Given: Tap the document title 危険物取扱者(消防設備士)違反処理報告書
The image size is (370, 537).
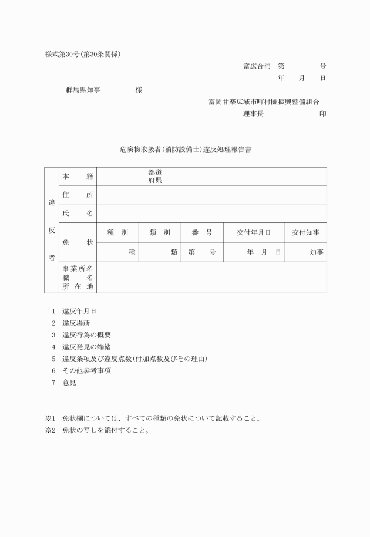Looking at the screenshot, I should pyautogui.click(x=185, y=150).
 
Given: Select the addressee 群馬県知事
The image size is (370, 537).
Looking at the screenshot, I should pyautogui.click(x=83, y=90).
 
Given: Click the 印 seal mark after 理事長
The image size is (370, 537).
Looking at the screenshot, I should pyautogui.click(x=322, y=114).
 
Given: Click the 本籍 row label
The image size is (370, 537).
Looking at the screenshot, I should pyautogui.click(x=78, y=176).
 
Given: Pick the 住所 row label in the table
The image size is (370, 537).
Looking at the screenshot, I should pyautogui.click(x=78, y=195).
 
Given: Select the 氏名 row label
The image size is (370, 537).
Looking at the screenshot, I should pyautogui.click(x=78, y=214).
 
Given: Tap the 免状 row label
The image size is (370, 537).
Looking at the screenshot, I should pyautogui.click(x=78, y=242).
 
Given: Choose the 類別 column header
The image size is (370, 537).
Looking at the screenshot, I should pyautogui.click(x=160, y=232).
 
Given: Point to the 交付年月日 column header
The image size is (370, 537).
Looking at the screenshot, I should pyautogui.click(x=253, y=232).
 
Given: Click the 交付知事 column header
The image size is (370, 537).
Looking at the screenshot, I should pyautogui.click(x=306, y=232).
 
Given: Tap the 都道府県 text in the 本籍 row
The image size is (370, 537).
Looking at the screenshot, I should pyautogui.click(x=155, y=177).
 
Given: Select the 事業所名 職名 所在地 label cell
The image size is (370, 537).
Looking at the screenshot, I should pyautogui.click(x=78, y=278).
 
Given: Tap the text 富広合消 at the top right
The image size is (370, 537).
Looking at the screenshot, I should pyautogui.click(x=257, y=66).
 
